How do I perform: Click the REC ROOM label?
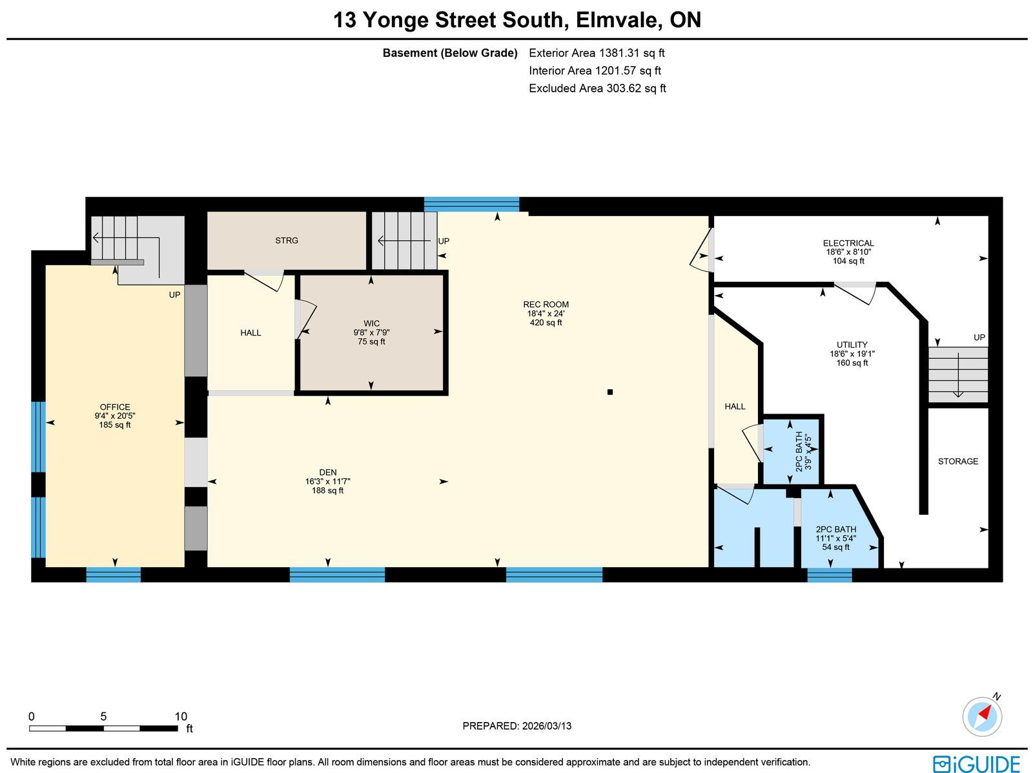(546, 305)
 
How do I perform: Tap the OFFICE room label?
(115, 407)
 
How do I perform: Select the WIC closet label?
(371, 323)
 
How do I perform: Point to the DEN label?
(327, 472)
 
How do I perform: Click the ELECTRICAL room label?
(848, 243)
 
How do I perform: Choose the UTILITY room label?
(852, 345)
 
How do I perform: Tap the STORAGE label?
(957, 461)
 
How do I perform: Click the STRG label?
(287, 241)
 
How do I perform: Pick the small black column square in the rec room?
(610, 392)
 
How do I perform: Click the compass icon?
(982, 717)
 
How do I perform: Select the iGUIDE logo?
(977, 763)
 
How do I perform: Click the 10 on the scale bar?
(181, 717)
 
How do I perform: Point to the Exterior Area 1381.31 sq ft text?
(597, 53)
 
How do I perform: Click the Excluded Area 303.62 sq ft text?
(597, 88)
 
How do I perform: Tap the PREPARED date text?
(516, 726)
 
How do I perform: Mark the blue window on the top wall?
(471, 205)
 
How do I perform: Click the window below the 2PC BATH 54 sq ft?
(830, 575)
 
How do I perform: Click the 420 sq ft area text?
(546, 323)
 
